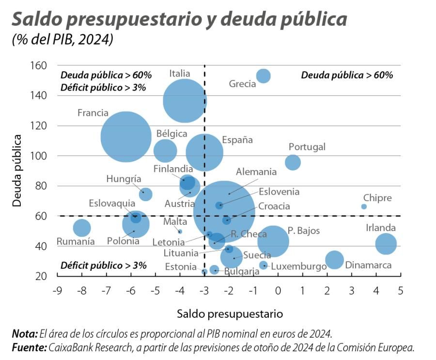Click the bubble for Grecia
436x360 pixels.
(263, 76)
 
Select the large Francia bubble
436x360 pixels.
(126, 137)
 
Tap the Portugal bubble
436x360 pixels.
(293, 162)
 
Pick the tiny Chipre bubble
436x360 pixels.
(364, 206)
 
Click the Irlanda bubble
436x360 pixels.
(386, 244)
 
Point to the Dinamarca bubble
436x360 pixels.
(334, 260)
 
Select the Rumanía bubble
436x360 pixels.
(82, 228)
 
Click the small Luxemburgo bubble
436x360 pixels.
(263, 265)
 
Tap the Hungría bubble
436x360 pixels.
(145, 194)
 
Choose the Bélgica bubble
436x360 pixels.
(165, 150)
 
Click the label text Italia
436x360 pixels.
(179, 74)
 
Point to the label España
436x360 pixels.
(237, 140)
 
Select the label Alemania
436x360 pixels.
(256, 172)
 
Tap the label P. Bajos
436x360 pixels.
(304, 231)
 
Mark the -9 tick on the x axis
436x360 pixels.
(57, 291)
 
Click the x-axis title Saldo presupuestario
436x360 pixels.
(230, 313)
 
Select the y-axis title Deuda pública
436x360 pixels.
(17, 171)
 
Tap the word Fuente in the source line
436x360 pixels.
(28, 347)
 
